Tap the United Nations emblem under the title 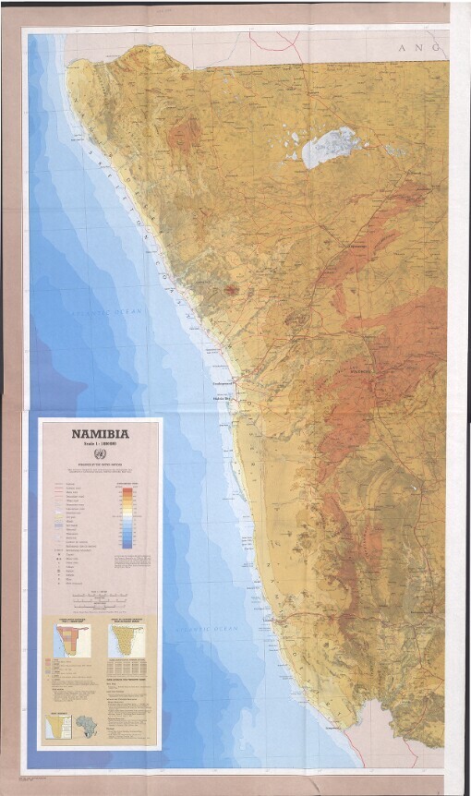click(101, 457)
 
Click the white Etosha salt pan click(328, 146)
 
